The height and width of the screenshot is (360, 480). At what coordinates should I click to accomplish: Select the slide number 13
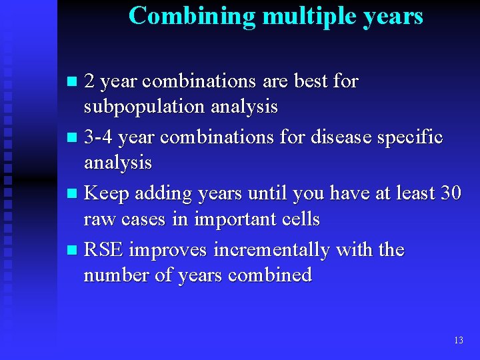pos(458,341)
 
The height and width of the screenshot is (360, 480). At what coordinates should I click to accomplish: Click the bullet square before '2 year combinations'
pos(73,83)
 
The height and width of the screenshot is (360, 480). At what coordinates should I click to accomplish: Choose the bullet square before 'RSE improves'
pos(73,251)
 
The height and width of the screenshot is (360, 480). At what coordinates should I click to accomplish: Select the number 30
pos(451,193)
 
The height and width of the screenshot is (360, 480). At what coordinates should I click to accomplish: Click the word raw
pos(98,219)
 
